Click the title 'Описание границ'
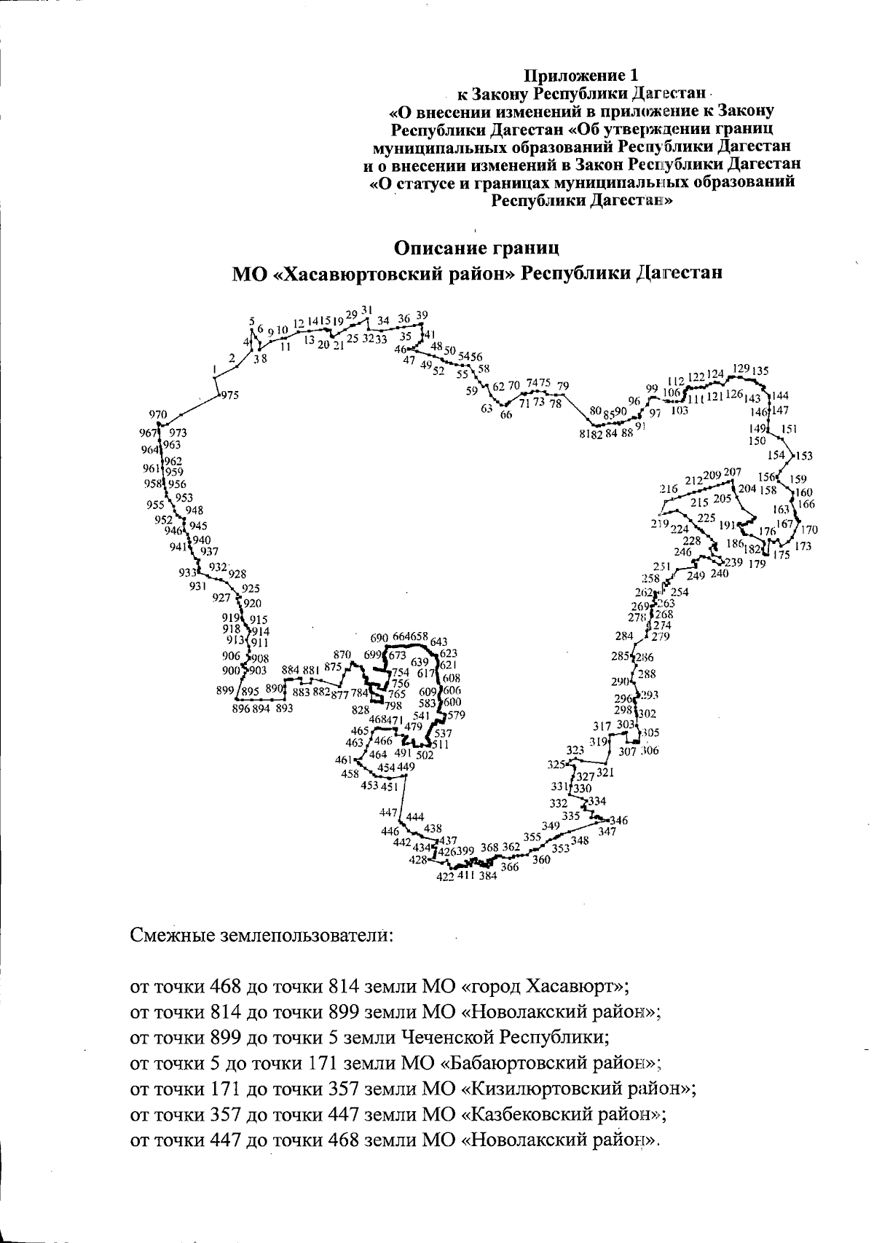(x=476, y=247)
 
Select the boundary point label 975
(x=229, y=395)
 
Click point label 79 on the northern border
(x=562, y=385)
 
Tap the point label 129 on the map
(x=741, y=368)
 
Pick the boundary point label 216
(x=669, y=489)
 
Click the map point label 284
(x=624, y=636)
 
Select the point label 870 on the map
(x=342, y=655)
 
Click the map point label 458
(x=350, y=774)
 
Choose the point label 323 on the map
(x=575, y=749)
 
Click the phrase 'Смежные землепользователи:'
(x=262, y=934)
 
